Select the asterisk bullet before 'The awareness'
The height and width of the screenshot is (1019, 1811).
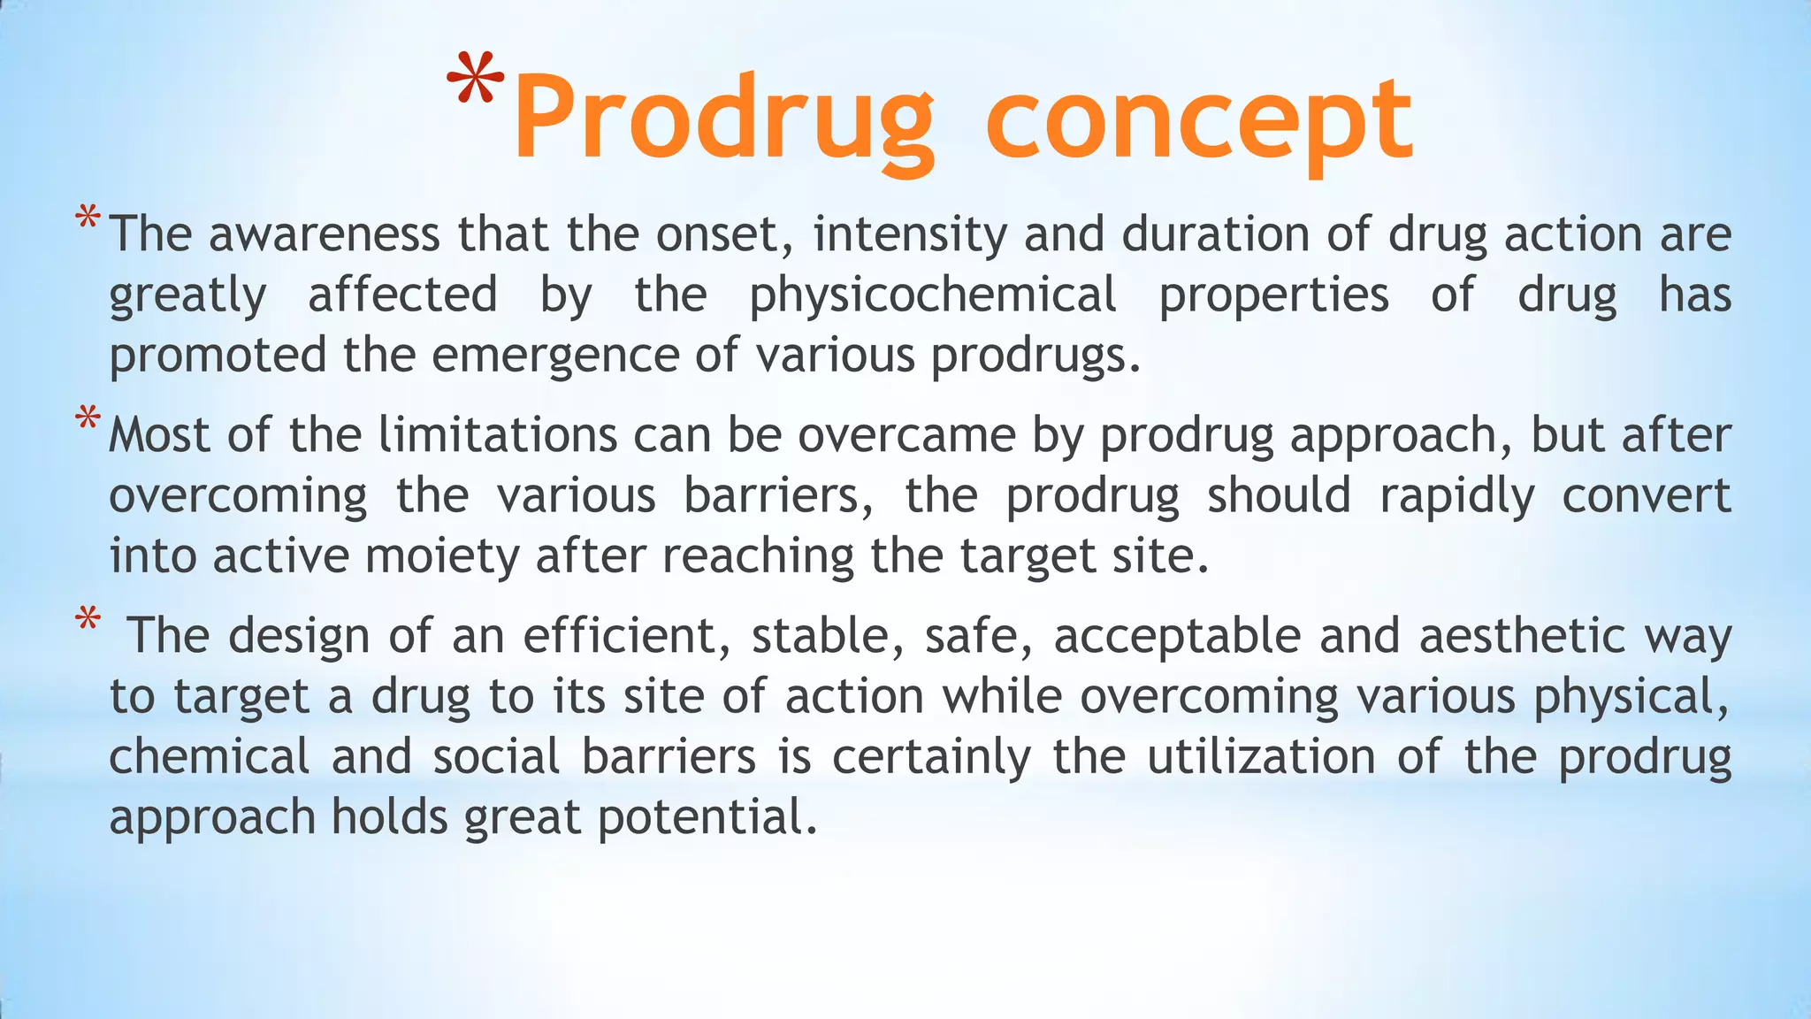click(x=87, y=218)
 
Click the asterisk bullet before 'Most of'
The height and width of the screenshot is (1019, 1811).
click(x=87, y=418)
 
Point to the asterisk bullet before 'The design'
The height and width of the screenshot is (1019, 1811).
click(x=87, y=619)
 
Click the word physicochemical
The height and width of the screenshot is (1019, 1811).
click(x=932, y=295)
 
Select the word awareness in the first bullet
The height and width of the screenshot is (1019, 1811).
click(x=324, y=234)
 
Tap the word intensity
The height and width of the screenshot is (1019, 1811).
click(x=910, y=234)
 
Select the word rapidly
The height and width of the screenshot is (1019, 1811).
click(x=1456, y=496)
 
